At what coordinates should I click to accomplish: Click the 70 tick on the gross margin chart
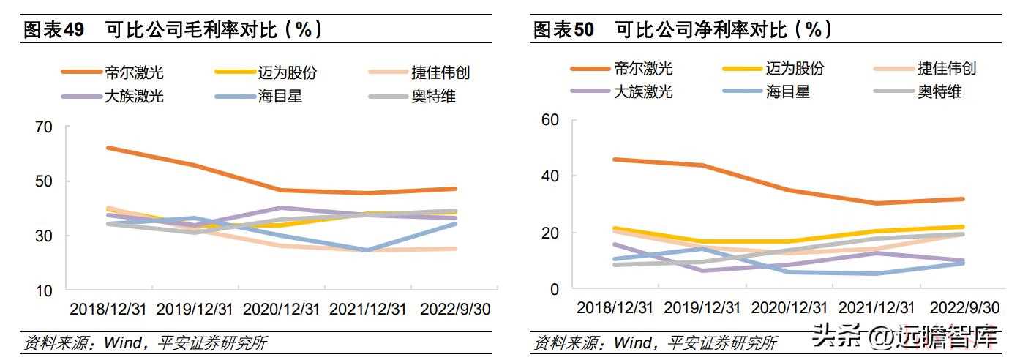coord(44,127)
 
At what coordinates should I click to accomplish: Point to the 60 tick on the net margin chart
coord(549,120)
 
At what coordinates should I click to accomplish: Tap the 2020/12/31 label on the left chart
coord(282,310)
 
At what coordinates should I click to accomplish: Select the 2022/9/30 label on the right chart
coord(966,307)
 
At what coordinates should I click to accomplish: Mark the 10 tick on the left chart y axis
coord(44,290)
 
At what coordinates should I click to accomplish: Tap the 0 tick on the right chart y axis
coord(554,290)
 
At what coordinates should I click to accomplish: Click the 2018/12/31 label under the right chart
coord(615,307)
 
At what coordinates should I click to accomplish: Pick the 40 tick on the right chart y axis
coord(549,176)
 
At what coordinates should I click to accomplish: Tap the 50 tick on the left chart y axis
coord(44,181)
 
